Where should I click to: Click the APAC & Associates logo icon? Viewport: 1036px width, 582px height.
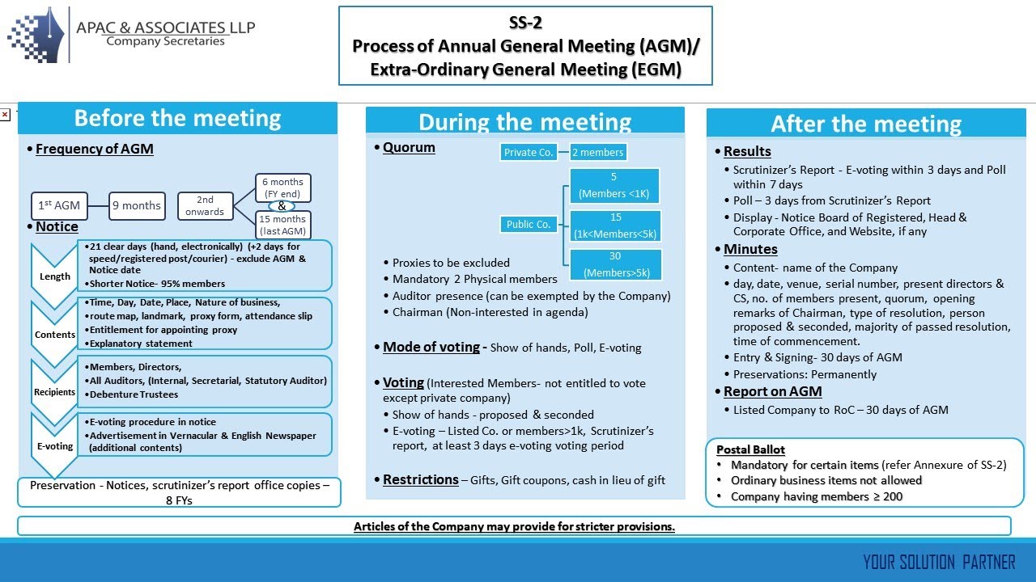[x=36, y=35]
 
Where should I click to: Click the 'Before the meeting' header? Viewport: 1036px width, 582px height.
[x=177, y=118]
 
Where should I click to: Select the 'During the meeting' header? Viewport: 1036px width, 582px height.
[x=524, y=122]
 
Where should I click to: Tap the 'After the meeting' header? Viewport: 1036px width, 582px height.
[x=866, y=124]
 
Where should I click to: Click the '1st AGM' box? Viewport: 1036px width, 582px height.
[x=59, y=205]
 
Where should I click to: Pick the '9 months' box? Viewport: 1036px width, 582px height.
[x=136, y=205]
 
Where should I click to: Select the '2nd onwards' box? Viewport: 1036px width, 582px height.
[x=205, y=205]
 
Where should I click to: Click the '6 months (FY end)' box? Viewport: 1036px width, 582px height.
[x=283, y=188]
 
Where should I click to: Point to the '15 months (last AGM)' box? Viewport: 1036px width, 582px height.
[x=283, y=225]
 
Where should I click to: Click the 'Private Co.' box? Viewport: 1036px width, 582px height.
[x=529, y=152]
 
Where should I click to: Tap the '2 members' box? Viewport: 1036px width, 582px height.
[x=597, y=152]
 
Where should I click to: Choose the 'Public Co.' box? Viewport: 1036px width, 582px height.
[x=529, y=225]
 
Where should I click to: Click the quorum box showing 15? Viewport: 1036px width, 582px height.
[x=615, y=226]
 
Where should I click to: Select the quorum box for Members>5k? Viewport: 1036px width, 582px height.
[x=615, y=264]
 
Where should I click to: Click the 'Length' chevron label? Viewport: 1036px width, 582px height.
[x=55, y=276]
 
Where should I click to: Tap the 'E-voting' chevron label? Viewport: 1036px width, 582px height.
[x=55, y=445]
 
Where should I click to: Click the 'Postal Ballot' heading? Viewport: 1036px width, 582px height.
[x=750, y=449]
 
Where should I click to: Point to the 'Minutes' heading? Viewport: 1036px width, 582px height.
[x=750, y=249]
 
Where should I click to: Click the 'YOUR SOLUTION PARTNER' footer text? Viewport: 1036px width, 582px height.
[x=939, y=562]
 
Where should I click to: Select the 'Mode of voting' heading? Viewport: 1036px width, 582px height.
[x=431, y=347]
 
